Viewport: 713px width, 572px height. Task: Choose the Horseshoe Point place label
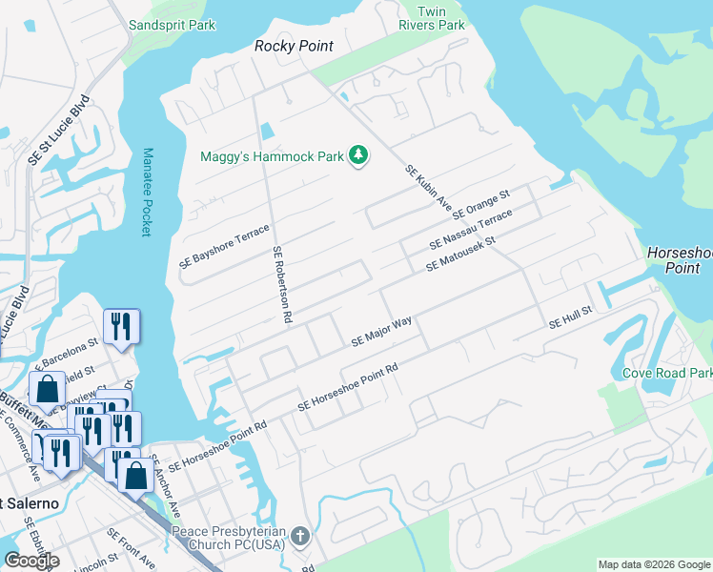tap(678, 260)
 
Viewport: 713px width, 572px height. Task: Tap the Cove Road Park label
tap(666, 373)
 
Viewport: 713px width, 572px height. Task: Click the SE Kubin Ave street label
tap(428, 186)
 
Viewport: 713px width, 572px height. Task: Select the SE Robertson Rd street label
tap(281, 286)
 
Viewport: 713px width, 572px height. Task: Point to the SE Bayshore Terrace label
tap(225, 245)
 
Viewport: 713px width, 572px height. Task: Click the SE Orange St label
tap(482, 203)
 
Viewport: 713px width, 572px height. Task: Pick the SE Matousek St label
tap(461, 254)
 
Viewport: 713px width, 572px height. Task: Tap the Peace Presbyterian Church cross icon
tap(300, 536)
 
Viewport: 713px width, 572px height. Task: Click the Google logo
tap(31, 561)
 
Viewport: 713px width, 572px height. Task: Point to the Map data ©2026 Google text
tap(654, 564)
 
